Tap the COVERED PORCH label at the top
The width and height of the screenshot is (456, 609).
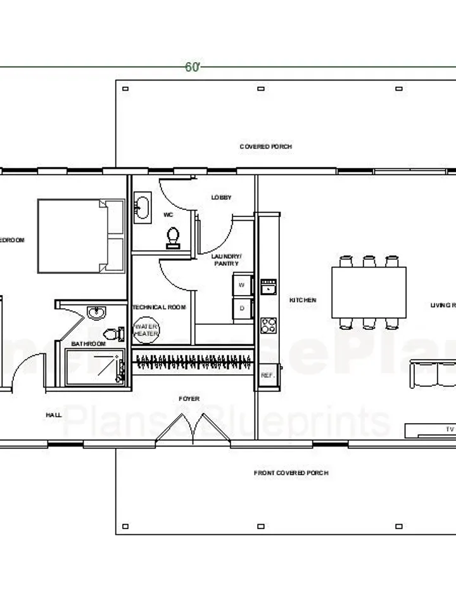click(x=265, y=147)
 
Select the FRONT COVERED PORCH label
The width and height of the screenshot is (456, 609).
click(x=291, y=473)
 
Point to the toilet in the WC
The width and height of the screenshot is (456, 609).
click(x=173, y=236)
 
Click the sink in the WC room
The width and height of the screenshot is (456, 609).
click(x=141, y=207)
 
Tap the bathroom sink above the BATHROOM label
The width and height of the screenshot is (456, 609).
click(x=96, y=312)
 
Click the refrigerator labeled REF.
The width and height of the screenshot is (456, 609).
click(x=267, y=375)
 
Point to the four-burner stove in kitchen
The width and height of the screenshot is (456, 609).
click(x=269, y=325)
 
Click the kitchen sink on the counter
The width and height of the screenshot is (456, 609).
click(x=269, y=287)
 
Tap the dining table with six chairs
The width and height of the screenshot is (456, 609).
click(x=369, y=292)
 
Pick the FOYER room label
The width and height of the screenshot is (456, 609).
click(x=189, y=399)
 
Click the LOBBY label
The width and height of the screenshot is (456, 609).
click(x=221, y=197)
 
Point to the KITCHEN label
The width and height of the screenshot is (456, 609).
click(x=303, y=300)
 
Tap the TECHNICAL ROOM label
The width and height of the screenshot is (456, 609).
click(x=159, y=307)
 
